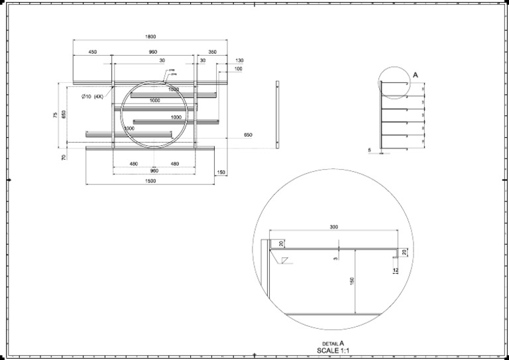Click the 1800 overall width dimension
coord(150,36)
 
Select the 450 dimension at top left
coord(92,52)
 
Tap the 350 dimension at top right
coord(212,52)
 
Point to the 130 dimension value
coord(239,60)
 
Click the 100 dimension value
coord(238,69)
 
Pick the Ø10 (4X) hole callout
coord(93,97)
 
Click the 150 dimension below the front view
coord(221,172)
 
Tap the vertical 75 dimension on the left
coord(55,115)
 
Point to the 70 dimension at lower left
coord(64,157)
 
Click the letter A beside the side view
coord(415,75)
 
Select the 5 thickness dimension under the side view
coord(369,150)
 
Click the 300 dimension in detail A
coord(333,227)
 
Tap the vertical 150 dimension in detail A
coord(351,282)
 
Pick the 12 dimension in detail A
coord(395,270)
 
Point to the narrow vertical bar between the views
coord(278,114)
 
